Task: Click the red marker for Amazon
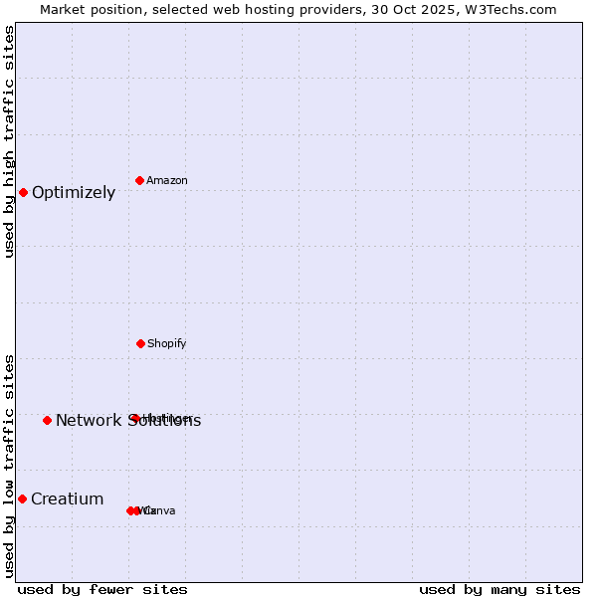coord(140,180)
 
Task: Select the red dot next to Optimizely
coord(23,192)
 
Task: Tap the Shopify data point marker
coord(140,343)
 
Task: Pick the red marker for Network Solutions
coord(47,420)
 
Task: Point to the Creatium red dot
coord(22,498)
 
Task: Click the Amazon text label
coord(167,180)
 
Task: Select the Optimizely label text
coord(74,193)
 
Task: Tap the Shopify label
coord(167,343)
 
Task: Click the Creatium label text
coord(68,499)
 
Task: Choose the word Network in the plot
coord(89,421)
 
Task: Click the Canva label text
coord(160,511)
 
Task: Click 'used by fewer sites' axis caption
coord(102,589)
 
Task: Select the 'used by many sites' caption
coord(499,589)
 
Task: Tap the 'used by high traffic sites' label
coord(9,141)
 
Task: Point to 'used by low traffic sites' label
coord(9,466)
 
